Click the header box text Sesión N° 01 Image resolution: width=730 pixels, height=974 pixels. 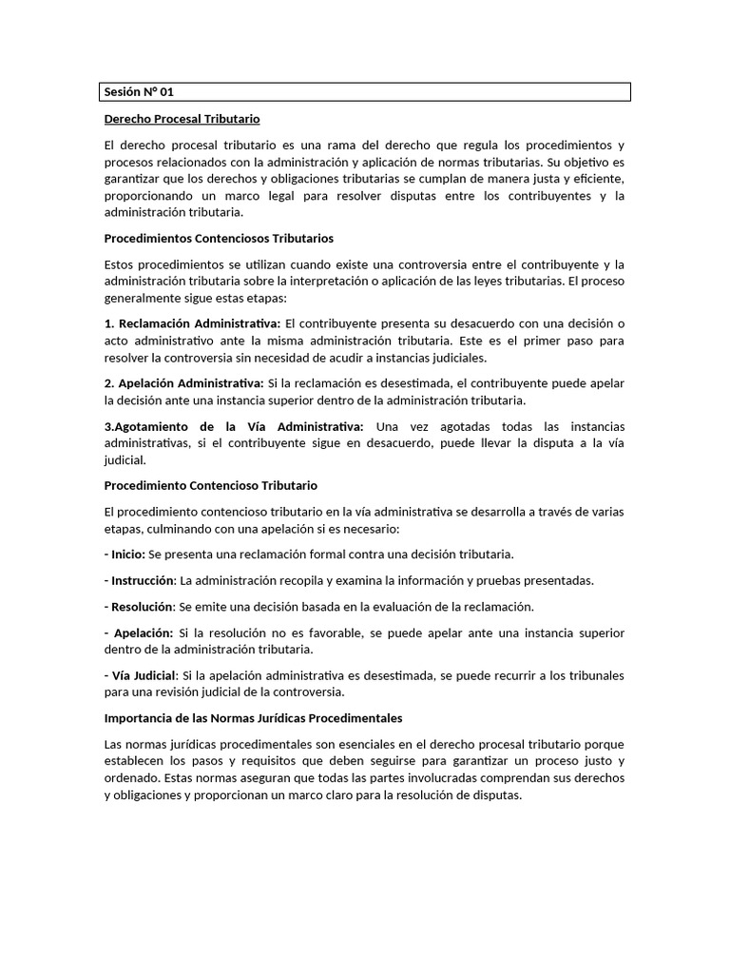139,92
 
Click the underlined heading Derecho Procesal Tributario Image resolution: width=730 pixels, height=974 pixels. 182,119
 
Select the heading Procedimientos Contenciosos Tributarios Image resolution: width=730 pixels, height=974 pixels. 219,238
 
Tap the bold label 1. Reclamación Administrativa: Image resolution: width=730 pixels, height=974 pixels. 193,324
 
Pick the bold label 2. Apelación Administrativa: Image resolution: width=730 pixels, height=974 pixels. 184,383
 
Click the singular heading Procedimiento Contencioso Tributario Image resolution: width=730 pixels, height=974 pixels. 210,485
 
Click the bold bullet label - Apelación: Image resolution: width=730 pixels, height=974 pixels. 139,633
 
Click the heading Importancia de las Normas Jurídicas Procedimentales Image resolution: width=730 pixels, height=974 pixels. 254,717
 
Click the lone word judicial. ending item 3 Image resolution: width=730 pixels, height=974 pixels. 125,460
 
